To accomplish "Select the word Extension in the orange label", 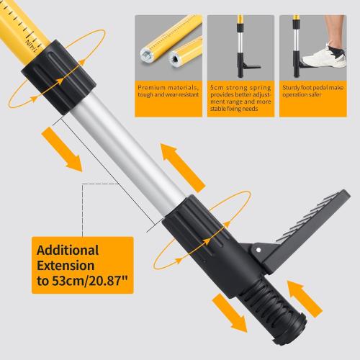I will coord(66,266).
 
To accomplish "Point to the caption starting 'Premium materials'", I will coord(168,91).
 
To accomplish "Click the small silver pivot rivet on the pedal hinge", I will coord(256,249).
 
